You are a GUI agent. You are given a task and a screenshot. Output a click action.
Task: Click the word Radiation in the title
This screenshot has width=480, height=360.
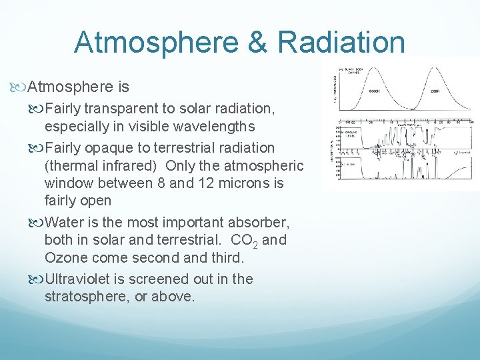click(341, 42)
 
